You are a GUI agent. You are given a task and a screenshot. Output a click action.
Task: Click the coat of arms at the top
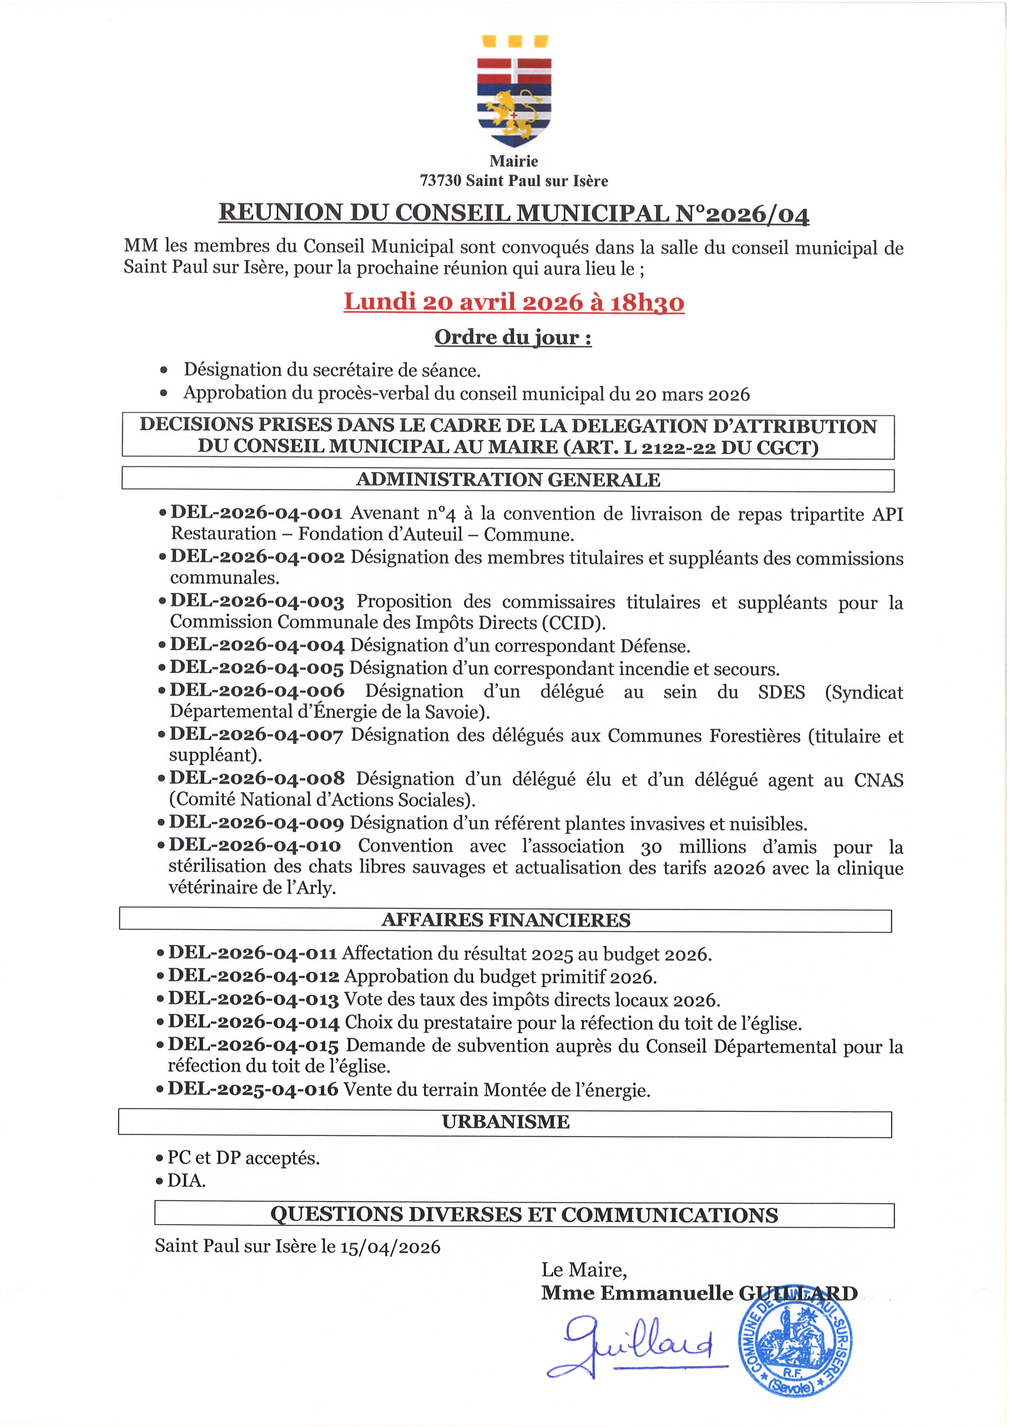[514, 92]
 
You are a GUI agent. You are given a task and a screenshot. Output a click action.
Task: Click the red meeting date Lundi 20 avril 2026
[514, 302]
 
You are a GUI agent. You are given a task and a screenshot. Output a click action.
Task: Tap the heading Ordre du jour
[513, 337]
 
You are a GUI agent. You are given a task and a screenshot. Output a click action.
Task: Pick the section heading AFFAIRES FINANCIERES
[506, 920]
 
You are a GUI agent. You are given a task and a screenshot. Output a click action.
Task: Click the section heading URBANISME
[506, 1122]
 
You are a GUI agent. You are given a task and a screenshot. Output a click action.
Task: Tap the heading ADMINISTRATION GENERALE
[508, 480]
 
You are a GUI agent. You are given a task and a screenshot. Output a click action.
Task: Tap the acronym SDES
[781, 692]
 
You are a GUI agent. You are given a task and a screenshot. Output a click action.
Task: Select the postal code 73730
[441, 181]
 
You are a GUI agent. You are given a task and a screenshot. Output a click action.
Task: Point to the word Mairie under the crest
[514, 161]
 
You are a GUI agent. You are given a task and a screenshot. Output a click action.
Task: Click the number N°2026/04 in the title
[743, 213]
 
